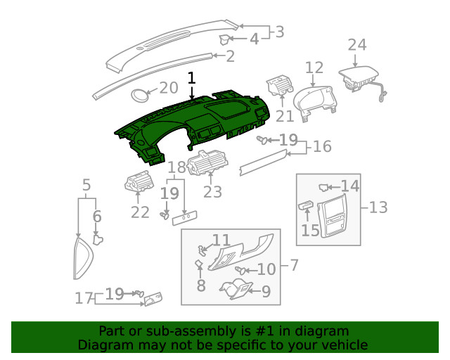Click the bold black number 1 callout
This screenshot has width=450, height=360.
191,78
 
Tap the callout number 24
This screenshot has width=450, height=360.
356,45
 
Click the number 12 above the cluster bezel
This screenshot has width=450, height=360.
314,67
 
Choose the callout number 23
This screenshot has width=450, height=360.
212,191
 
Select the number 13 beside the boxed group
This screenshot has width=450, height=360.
378,207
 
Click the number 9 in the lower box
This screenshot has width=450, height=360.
266,291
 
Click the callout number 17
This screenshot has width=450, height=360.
84,298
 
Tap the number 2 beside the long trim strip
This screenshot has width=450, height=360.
230,56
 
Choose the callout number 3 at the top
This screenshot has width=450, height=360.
279,32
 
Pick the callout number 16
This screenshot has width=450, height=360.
322,146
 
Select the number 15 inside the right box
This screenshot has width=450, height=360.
310,230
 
